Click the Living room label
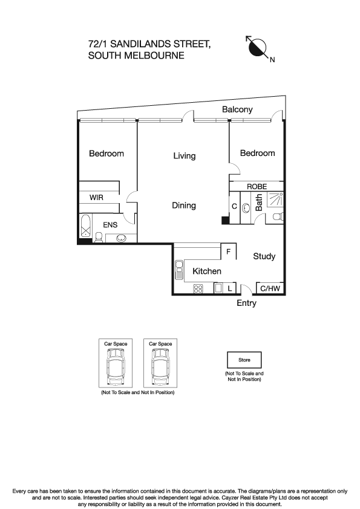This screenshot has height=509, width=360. (x=184, y=156)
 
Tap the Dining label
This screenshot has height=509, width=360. (x=184, y=206)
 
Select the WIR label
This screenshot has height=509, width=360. (x=96, y=197)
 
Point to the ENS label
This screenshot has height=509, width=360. (x=110, y=225)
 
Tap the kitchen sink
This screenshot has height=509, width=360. (x=179, y=270)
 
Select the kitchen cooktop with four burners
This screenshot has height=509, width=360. (x=198, y=288)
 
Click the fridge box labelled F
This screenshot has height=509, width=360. (x=229, y=251)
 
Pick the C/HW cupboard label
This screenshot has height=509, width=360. (x=270, y=288)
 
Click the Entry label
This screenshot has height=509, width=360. (x=247, y=303)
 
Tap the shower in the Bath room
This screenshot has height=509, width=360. (x=275, y=199)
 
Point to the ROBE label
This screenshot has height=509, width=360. (x=257, y=187)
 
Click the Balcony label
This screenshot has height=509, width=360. (x=238, y=110)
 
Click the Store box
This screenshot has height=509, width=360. (x=244, y=360)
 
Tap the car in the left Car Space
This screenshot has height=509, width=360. (x=116, y=367)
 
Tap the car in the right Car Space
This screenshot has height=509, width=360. (x=160, y=367)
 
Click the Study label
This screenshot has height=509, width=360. (x=264, y=256)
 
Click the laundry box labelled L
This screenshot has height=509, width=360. (x=230, y=288)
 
